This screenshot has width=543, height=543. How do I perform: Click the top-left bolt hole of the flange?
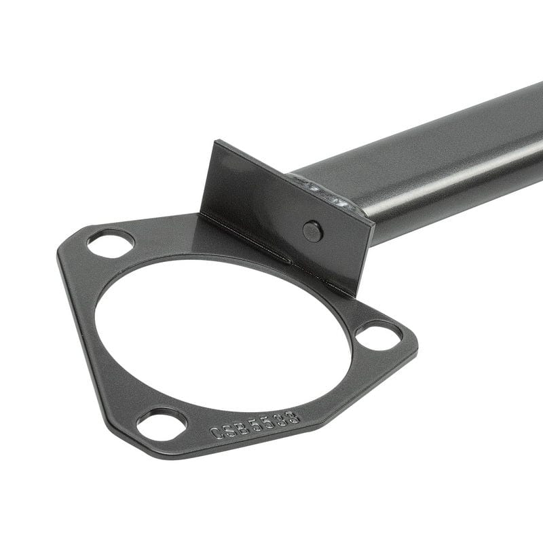click(111, 243)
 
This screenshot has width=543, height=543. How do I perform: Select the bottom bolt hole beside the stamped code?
click(162, 425)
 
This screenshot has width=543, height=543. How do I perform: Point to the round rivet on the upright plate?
click(312, 231)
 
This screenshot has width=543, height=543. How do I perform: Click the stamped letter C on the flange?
click(217, 432)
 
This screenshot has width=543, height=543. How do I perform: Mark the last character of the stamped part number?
click(293, 415)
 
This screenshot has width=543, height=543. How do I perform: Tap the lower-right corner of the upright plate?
click(353, 293)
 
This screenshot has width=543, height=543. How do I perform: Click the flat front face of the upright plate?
click(271, 204)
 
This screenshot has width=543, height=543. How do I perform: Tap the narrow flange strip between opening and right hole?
click(353, 319)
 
